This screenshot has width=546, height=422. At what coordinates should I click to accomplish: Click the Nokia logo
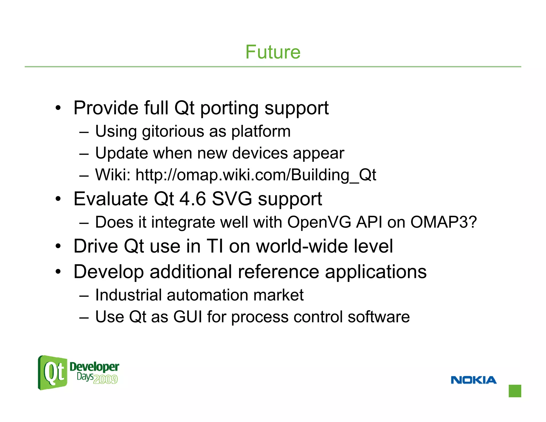473,380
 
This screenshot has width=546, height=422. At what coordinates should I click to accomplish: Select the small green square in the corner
515,391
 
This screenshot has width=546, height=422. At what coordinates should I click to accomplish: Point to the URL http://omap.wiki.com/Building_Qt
255,175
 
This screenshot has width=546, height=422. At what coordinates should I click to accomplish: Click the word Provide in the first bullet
106,108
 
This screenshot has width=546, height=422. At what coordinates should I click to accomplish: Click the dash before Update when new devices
84,154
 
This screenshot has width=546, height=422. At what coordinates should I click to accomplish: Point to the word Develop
109,272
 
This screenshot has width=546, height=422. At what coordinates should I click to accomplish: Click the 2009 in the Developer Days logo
106,379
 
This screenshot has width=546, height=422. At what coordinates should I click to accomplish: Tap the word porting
229,109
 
